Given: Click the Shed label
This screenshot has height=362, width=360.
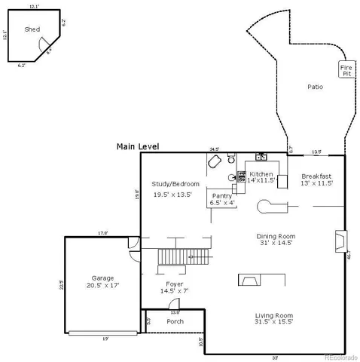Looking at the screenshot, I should pos(32,29).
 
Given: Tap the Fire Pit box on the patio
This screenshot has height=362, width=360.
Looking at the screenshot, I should pos(346,70).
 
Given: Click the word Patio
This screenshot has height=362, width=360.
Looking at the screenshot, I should pos(315,87).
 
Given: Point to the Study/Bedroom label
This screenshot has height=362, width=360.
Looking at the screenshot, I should pos(175,184).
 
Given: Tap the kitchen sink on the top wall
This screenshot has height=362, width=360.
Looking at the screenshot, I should pos(261,158).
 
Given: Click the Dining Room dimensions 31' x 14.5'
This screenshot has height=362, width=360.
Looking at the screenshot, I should pos(275,244).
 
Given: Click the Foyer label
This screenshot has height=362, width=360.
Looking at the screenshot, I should pos(175,284).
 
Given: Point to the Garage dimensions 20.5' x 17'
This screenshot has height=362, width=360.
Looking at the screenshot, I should pos(103,286).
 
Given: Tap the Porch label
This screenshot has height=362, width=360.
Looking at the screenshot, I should pos(175,321).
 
